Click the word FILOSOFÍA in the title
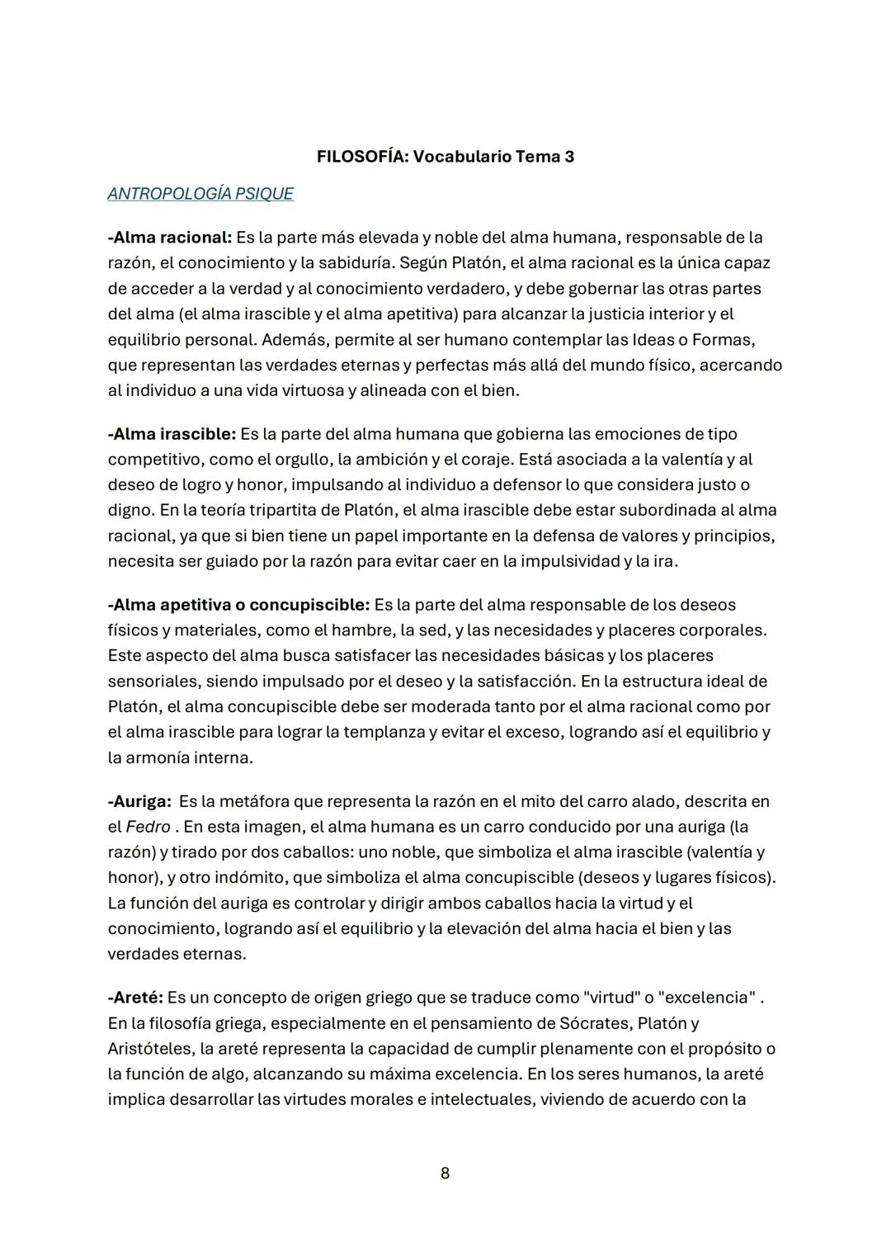tap(361, 157)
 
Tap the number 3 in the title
tap(569, 157)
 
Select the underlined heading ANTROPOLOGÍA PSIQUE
tap(200, 194)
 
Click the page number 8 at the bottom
tap(445, 1173)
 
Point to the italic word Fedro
tap(148, 827)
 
